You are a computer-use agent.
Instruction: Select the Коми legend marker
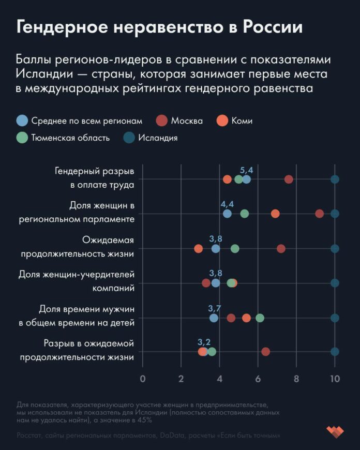(223, 121)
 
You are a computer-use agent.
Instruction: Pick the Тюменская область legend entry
(63, 138)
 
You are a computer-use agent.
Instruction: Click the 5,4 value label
(247, 170)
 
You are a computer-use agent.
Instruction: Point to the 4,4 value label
(228, 204)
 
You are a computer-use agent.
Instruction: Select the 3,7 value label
(215, 308)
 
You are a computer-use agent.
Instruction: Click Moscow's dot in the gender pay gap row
(289, 179)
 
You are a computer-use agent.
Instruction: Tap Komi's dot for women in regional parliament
(275, 214)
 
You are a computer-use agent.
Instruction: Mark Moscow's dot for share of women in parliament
(320, 214)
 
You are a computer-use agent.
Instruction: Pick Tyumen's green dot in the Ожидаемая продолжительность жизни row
(235, 249)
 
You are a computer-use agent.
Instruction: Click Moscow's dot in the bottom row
(266, 352)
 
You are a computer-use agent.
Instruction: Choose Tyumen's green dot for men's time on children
(260, 318)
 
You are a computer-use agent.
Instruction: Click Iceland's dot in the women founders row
(335, 283)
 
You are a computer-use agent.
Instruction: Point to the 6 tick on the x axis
(258, 379)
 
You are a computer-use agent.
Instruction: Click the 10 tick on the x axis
(335, 379)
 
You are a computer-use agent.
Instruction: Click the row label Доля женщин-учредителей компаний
(77, 281)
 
